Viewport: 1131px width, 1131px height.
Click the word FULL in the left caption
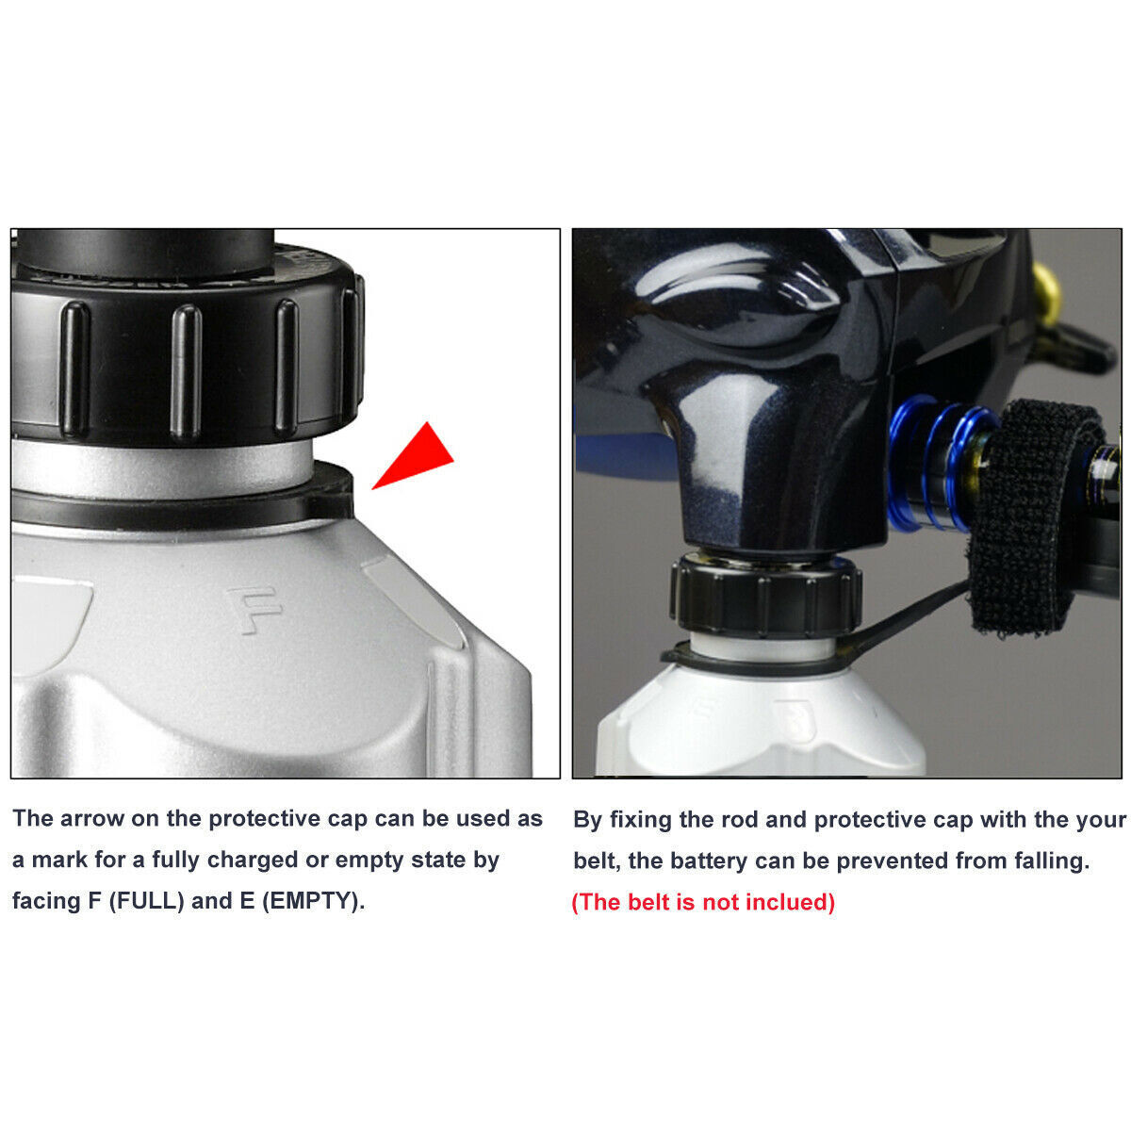point(147,900)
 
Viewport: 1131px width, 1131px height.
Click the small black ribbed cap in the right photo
point(765,598)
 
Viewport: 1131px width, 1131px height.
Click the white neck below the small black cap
point(763,647)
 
